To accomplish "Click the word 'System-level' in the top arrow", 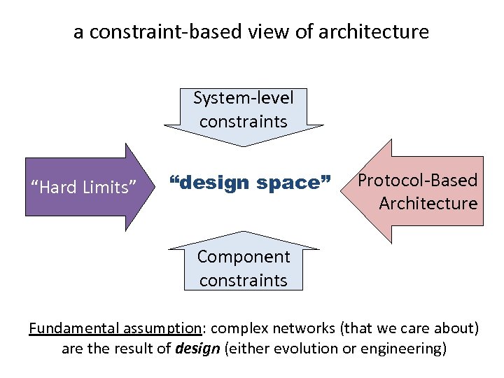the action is click(x=244, y=97).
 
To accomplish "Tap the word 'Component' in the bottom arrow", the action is click(x=244, y=257).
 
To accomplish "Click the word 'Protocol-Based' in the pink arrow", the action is click(x=418, y=181).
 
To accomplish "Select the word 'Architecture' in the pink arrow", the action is click(x=428, y=204).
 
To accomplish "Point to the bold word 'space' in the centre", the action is click(x=294, y=183).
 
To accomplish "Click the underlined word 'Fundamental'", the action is click(x=68, y=328).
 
